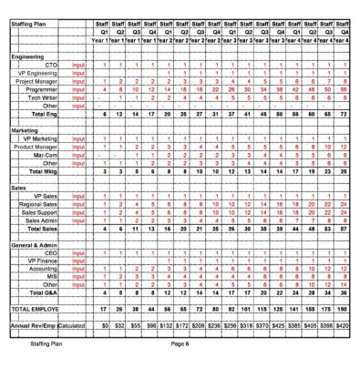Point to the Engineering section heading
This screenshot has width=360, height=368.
point(28,56)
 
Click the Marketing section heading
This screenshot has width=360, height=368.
point(26,130)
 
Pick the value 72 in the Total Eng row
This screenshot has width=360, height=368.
point(345,115)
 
